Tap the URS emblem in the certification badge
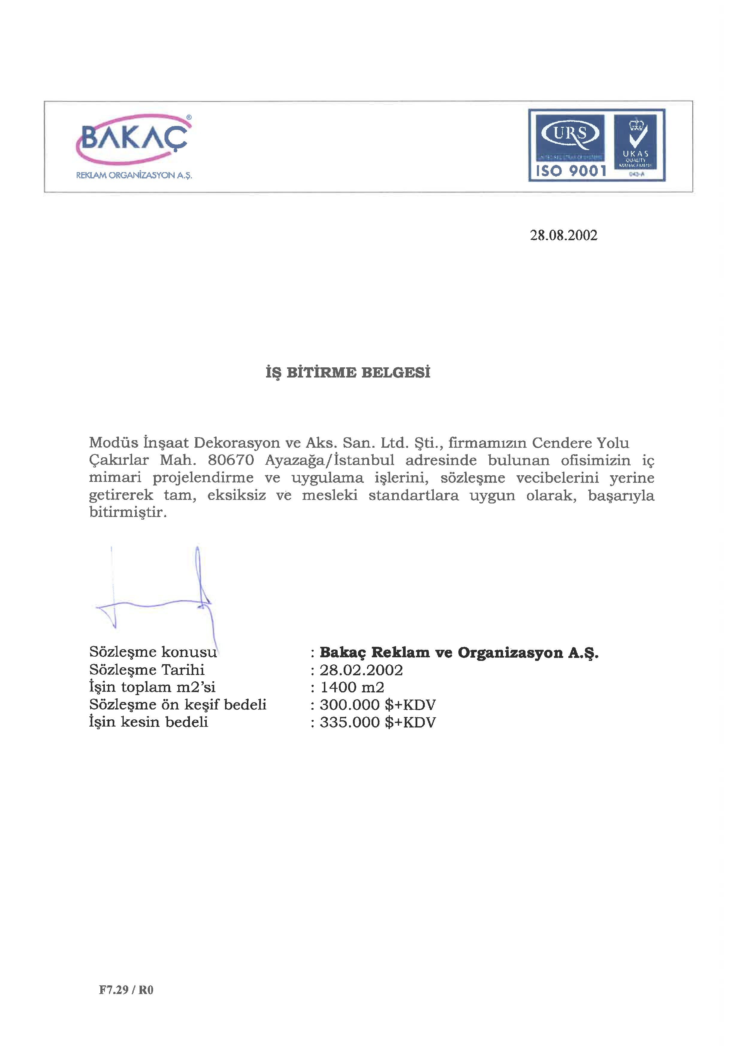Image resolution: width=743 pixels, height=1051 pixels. (x=570, y=134)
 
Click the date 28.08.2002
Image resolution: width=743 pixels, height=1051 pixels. (x=563, y=235)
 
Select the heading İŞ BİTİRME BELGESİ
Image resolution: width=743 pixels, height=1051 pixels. (x=348, y=372)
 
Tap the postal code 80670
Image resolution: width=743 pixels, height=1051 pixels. (x=231, y=460)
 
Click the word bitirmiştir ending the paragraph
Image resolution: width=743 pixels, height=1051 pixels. (x=128, y=512)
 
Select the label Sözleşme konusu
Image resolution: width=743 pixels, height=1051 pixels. (x=153, y=652)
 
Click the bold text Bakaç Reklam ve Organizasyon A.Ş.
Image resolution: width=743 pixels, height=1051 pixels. (x=459, y=652)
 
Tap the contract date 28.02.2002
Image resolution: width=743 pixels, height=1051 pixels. (x=361, y=670)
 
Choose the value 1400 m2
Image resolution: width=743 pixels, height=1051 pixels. (x=352, y=687)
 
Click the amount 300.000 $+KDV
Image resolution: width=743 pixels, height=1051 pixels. (x=377, y=705)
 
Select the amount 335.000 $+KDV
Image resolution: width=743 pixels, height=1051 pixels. (x=377, y=722)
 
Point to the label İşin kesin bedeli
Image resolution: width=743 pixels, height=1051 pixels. (x=148, y=722)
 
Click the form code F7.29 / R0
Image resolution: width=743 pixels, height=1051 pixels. (x=126, y=990)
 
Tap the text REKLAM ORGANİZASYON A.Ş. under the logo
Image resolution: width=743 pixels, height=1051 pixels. (x=134, y=175)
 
